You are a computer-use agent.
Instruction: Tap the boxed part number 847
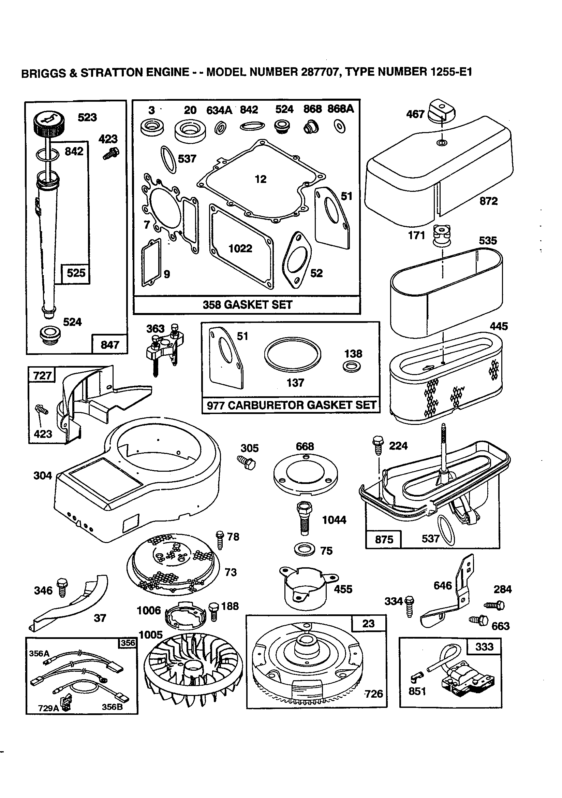click(x=109, y=344)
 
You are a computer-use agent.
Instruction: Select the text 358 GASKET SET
click(x=247, y=305)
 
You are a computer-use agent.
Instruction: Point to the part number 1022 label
click(x=240, y=248)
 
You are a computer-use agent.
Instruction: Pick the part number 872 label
click(x=488, y=201)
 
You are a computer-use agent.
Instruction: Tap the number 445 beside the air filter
click(x=499, y=326)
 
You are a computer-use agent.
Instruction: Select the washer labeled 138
click(x=351, y=366)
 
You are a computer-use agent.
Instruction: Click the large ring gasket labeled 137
click(x=292, y=355)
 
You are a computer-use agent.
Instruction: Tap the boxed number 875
click(x=384, y=539)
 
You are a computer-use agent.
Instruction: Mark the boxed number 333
click(x=484, y=646)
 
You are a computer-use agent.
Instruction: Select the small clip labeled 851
click(x=416, y=677)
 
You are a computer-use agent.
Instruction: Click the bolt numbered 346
click(x=62, y=587)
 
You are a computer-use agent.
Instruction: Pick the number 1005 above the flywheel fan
click(x=150, y=635)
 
